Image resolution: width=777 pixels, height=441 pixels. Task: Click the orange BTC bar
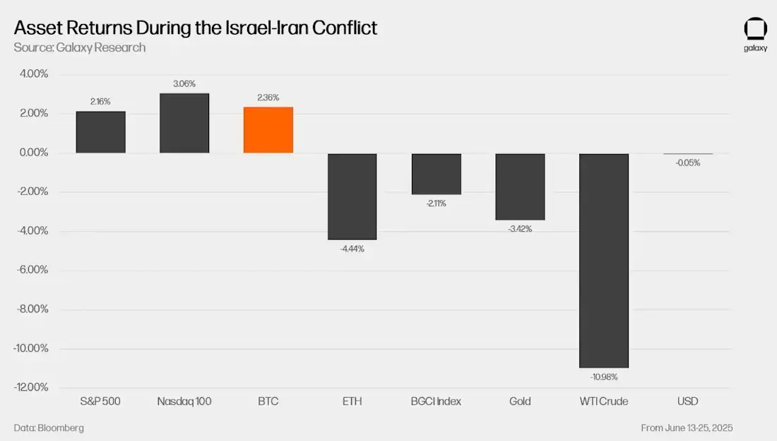coord(268,130)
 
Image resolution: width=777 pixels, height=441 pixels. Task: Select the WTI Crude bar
coord(604,260)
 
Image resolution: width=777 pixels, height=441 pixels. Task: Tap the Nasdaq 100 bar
coord(184,123)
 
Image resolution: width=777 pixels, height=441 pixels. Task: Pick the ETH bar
coord(352,196)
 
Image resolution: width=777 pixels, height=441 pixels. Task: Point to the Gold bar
coord(520,187)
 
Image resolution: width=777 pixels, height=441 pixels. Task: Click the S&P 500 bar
coord(101,132)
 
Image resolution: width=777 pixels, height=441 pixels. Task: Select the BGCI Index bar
coord(436,174)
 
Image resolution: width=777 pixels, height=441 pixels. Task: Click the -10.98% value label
coord(604,377)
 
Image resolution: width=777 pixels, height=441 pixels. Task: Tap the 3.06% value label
coord(184,84)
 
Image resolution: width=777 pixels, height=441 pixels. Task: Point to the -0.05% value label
coord(687,163)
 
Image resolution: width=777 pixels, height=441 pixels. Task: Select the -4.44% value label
coord(352,249)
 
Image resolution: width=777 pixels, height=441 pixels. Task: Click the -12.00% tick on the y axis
coord(31,387)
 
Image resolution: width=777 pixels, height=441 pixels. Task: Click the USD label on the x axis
coord(687,401)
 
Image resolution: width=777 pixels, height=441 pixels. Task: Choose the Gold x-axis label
coord(520,401)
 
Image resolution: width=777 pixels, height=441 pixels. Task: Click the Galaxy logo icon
coord(755,29)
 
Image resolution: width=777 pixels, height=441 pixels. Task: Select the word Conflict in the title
coord(343,28)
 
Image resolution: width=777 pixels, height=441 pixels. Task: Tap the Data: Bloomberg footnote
coord(49,428)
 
